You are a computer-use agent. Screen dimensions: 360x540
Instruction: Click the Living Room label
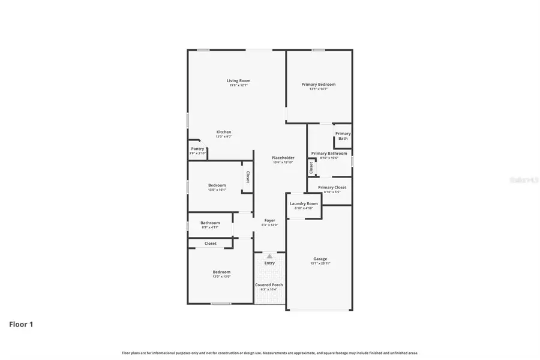[x=238, y=80]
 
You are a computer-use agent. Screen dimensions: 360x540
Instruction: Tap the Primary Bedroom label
[x=318, y=85]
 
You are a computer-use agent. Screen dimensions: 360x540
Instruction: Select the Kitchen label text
[x=224, y=132]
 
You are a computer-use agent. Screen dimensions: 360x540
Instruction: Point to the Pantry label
[x=197, y=149]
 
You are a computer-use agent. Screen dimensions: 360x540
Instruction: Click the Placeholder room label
[x=283, y=158]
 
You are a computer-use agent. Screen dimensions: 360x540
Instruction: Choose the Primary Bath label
[x=343, y=136]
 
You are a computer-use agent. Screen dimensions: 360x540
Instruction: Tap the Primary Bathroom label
[x=329, y=154]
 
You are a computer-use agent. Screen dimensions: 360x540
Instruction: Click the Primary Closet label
[x=332, y=188]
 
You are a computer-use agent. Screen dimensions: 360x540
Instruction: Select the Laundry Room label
[x=304, y=203]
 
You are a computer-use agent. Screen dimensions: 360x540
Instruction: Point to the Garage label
[x=320, y=259]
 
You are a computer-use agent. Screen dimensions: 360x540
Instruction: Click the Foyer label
[x=270, y=220]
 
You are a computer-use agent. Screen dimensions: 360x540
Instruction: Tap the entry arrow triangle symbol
[x=269, y=256]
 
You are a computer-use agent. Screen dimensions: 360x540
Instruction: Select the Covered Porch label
[x=269, y=285]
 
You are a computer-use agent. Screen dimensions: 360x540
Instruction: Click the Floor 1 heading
[x=21, y=325]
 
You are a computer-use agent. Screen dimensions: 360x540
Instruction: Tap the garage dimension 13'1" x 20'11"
[x=320, y=263]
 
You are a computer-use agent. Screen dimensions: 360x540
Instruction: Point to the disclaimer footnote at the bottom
[x=270, y=353]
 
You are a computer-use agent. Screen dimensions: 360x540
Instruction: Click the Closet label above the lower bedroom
[x=211, y=244]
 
